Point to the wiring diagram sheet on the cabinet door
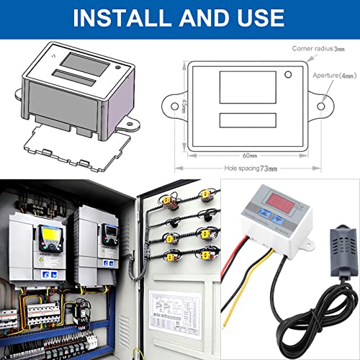[176, 314]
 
